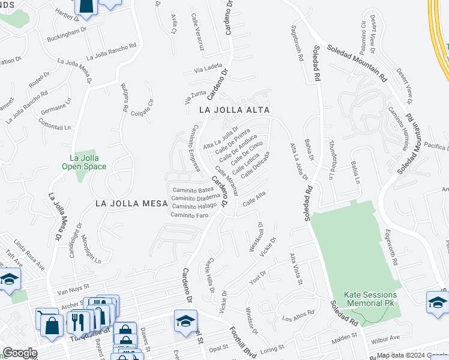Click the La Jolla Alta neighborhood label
tap(235, 110)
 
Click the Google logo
tap(20, 353)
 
